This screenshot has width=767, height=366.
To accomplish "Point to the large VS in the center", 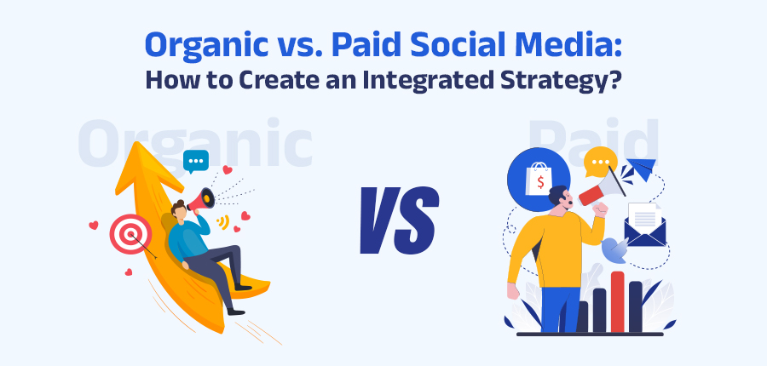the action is pos(399,220).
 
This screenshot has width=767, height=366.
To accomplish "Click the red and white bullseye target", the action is pos(130,235).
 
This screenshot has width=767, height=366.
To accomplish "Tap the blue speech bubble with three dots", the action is pos(196,162).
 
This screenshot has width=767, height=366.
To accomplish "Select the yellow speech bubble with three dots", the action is pos(600,163).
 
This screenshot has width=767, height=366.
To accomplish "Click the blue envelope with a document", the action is pos(645,226).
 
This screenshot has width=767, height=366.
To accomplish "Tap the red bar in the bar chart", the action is pos(617,302).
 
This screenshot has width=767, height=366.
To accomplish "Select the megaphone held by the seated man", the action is pos(201,199).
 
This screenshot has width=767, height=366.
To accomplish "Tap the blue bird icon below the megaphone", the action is pos(614,249).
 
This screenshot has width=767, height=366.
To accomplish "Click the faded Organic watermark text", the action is pos(194,143).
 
